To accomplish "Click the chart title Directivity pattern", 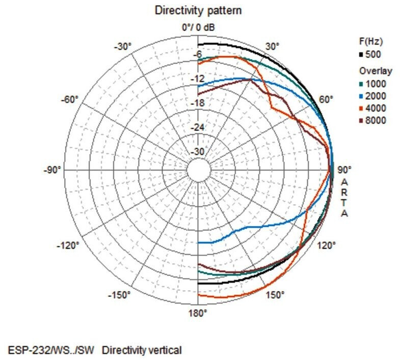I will click(198, 10).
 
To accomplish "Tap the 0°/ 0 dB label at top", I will click(198, 26).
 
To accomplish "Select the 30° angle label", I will click(273, 46).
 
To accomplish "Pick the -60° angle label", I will click(70, 98).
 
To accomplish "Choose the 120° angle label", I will click(327, 245).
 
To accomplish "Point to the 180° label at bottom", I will click(198, 313).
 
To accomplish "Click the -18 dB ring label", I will click(197, 103).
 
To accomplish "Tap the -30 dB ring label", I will click(197, 152).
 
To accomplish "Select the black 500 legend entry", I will click(373, 54).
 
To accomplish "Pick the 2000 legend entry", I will click(377, 96).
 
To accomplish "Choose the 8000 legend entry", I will click(377, 121).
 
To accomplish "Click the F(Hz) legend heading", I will click(370, 41).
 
